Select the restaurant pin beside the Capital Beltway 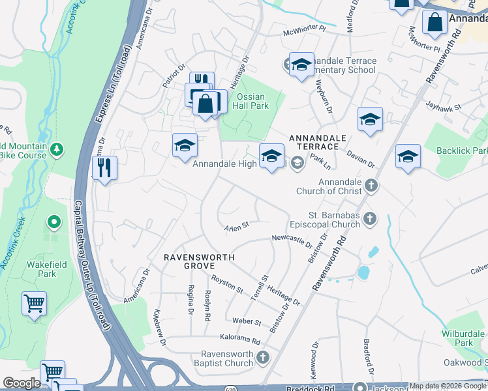104,168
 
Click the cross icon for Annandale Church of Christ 371,186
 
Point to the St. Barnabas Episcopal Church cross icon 370,219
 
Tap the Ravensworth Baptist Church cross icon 262,358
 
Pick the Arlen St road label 237,227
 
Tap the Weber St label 247,322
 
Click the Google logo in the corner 22,383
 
